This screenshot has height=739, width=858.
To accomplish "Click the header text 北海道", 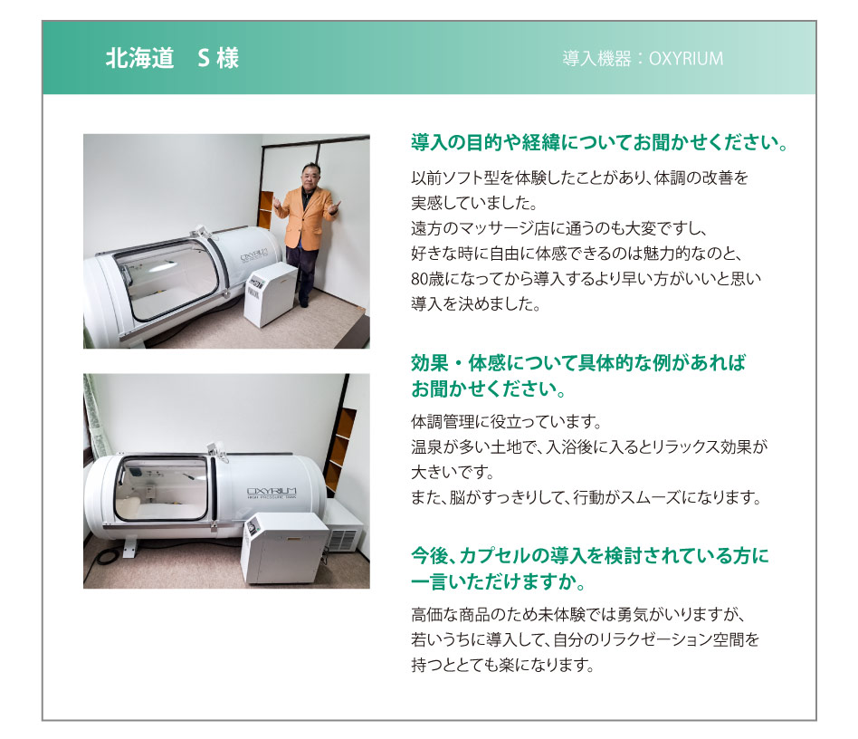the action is [x=139, y=58].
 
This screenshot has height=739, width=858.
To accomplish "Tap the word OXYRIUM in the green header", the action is [x=686, y=59].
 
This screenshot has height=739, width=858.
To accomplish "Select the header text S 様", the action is [x=218, y=58].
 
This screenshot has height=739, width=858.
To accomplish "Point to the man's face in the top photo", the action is [x=310, y=177].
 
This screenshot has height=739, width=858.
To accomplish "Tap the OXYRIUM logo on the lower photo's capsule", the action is [x=272, y=492].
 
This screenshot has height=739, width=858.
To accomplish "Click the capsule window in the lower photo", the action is [x=161, y=488].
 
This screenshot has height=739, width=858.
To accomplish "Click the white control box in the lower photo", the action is [x=284, y=548].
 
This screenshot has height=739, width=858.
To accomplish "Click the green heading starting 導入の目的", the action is [x=600, y=142].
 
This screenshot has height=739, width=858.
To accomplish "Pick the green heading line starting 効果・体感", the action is [x=577, y=363].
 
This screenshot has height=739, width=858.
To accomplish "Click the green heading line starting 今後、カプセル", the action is [x=590, y=556].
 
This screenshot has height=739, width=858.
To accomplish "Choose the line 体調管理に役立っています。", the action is [x=506, y=421].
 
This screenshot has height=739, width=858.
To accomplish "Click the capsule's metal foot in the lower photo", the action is [x=129, y=547].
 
